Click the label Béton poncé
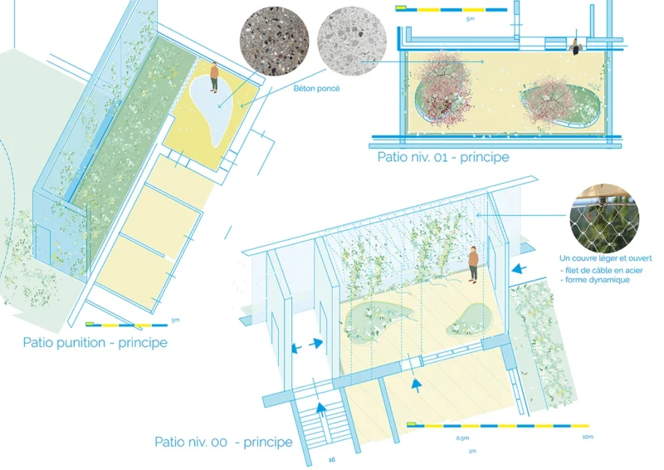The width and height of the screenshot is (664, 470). click(x=316, y=89)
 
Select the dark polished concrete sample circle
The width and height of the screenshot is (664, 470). click(x=275, y=42)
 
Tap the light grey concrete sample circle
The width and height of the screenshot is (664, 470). click(x=351, y=42)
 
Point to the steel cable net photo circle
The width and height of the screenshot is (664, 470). click(x=604, y=218)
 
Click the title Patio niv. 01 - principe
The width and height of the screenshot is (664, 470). click(x=443, y=157)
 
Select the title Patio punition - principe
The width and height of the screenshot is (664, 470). click(x=95, y=342)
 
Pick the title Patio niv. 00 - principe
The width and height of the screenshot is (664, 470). click(x=223, y=442)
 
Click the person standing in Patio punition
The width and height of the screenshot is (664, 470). click(x=214, y=76)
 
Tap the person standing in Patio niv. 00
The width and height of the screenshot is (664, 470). click(x=473, y=264)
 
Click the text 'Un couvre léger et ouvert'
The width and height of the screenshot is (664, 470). click(x=606, y=258)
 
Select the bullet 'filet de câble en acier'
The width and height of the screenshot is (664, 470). click(x=601, y=270)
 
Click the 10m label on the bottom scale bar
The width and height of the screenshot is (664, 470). click(x=588, y=437)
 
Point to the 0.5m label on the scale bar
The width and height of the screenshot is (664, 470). click(x=462, y=438)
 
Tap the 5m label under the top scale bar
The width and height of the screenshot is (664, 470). click(x=470, y=19)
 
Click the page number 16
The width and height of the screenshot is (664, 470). click(x=331, y=459)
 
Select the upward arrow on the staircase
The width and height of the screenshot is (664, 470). click(x=321, y=410)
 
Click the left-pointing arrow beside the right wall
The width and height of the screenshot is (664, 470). click(x=520, y=269)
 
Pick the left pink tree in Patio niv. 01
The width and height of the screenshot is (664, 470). click(x=443, y=88)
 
